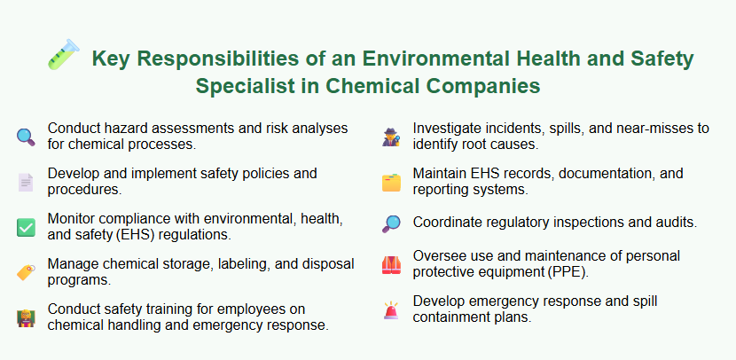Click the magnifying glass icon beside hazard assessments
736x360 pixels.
point(26,136)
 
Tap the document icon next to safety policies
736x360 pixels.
point(26,182)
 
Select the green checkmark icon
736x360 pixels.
point(26,228)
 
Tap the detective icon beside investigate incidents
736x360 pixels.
point(391,136)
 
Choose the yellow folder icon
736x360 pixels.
point(391,182)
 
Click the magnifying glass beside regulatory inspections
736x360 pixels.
point(391,223)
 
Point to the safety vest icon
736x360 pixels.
point(391,264)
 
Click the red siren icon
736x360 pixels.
point(391,309)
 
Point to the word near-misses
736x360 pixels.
point(620,128)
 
